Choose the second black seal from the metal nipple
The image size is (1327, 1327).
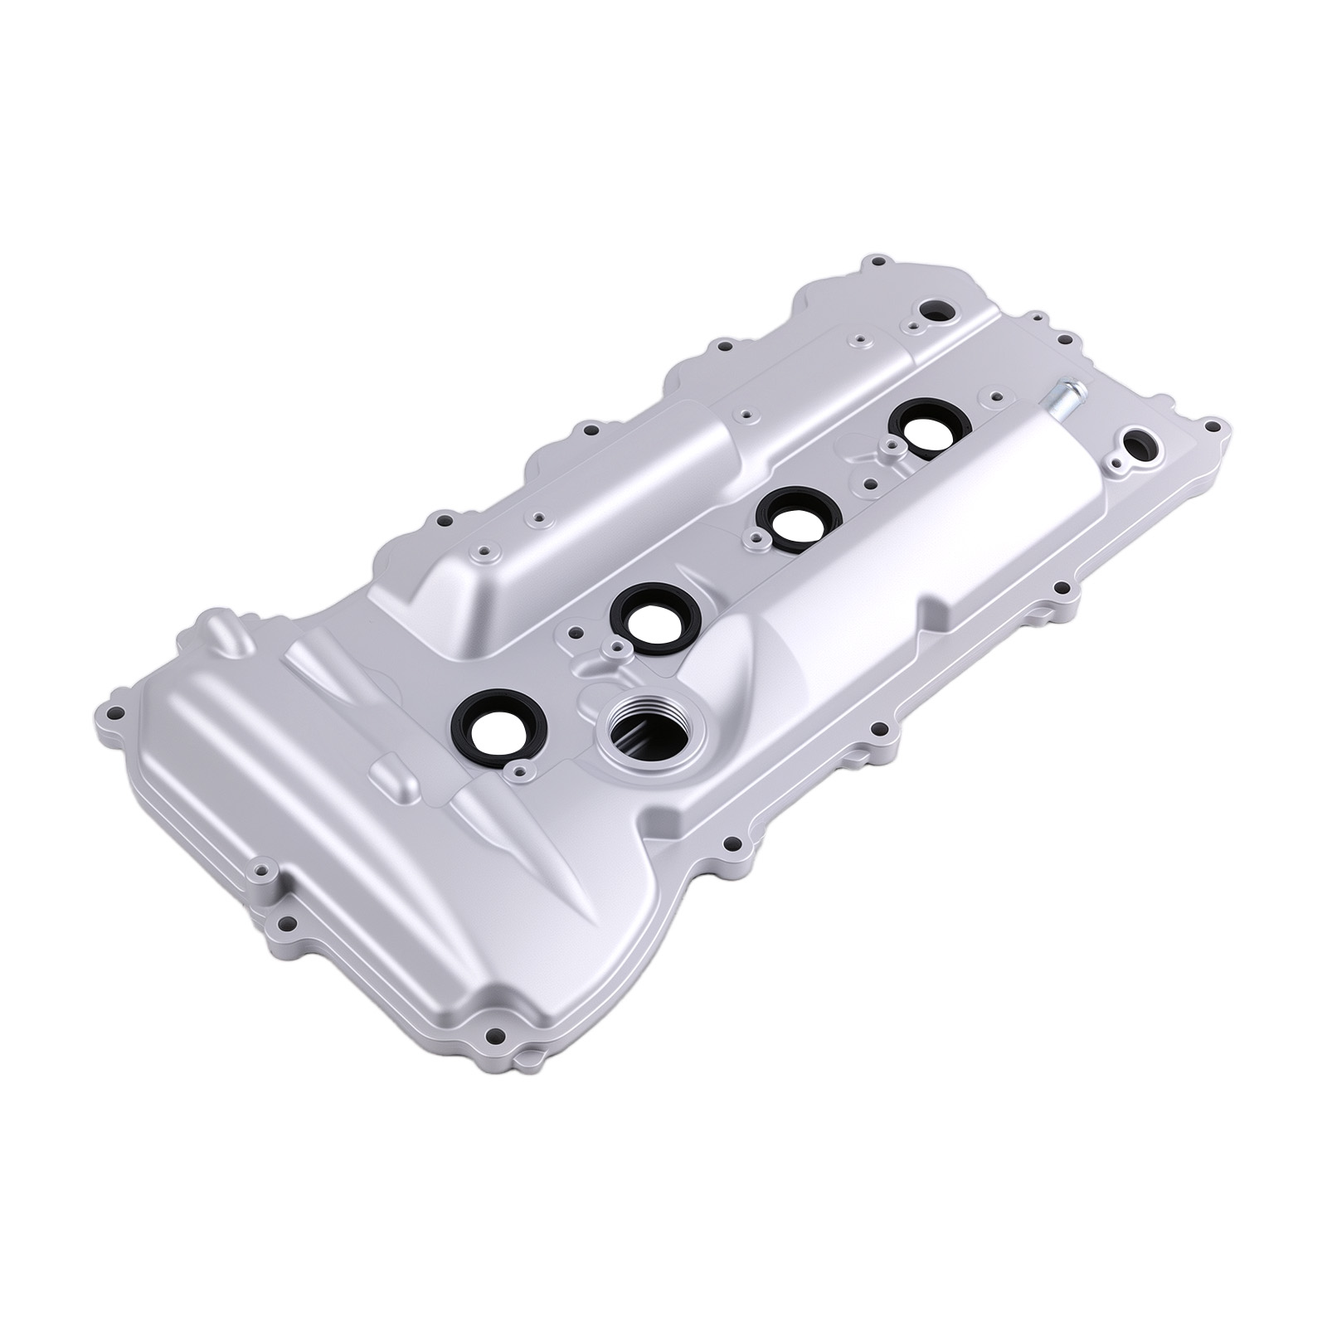[x=795, y=518]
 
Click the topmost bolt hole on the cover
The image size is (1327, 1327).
[x=874, y=264]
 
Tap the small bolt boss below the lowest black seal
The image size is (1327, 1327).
[x=520, y=772]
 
